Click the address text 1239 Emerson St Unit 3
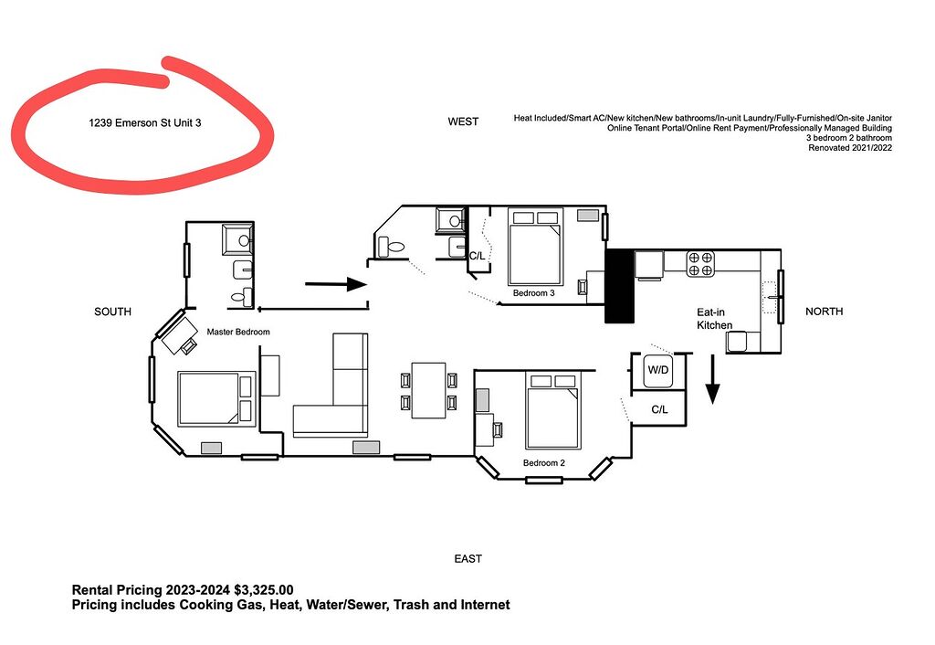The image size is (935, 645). click(x=145, y=123)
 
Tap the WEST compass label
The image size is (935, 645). click(x=463, y=122)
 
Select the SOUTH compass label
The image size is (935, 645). click(x=112, y=312)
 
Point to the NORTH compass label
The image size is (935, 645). click(x=825, y=312)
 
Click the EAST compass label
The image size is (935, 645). click(x=468, y=559)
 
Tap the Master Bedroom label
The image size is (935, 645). click(x=238, y=332)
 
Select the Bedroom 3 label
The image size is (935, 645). click(x=533, y=293)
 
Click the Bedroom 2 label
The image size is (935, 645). click(x=544, y=463)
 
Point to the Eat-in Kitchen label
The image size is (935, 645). click(x=714, y=319)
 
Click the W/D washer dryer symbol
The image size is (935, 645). click(x=658, y=371)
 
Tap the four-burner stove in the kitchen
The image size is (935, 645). click(x=700, y=264)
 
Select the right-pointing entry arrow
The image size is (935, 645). click(x=336, y=285)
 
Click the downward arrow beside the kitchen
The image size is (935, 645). click(x=712, y=379)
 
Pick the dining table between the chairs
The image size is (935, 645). click(x=429, y=390)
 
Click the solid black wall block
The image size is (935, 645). click(x=620, y=286)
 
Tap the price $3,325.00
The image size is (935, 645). click(x=264, y=590)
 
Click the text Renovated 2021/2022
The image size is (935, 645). click(x=850, y=148)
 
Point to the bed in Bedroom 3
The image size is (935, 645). click(x=535, y=247)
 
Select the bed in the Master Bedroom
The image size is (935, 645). click(x=216, y=398)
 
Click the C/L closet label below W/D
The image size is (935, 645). click(x=659, y=410)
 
